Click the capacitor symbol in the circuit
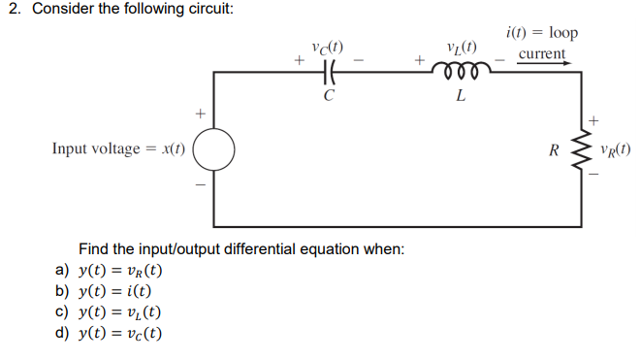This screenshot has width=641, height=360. pyautogui.click(x=328, y=71)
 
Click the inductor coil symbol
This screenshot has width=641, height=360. pyautogui.click(x=460, y=71)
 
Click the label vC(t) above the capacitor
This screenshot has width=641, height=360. pyautogui.click(x=327, y=46)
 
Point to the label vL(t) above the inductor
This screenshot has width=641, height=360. pyautogui.click(x=461, y=46)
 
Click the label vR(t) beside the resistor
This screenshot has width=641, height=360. pyautogui.click(x=616, y=150)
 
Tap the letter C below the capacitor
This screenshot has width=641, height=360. pyautogui.click(x=329, y=95)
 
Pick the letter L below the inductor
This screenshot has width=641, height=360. pyautogui.click(x=460, y=96)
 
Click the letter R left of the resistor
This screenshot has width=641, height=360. pyautogui.click(x=554, y=150)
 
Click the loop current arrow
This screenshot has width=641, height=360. pyautogui.click(x=543, y=67)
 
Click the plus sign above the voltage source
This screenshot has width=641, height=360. pyautogui.click(x=202, y=115)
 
